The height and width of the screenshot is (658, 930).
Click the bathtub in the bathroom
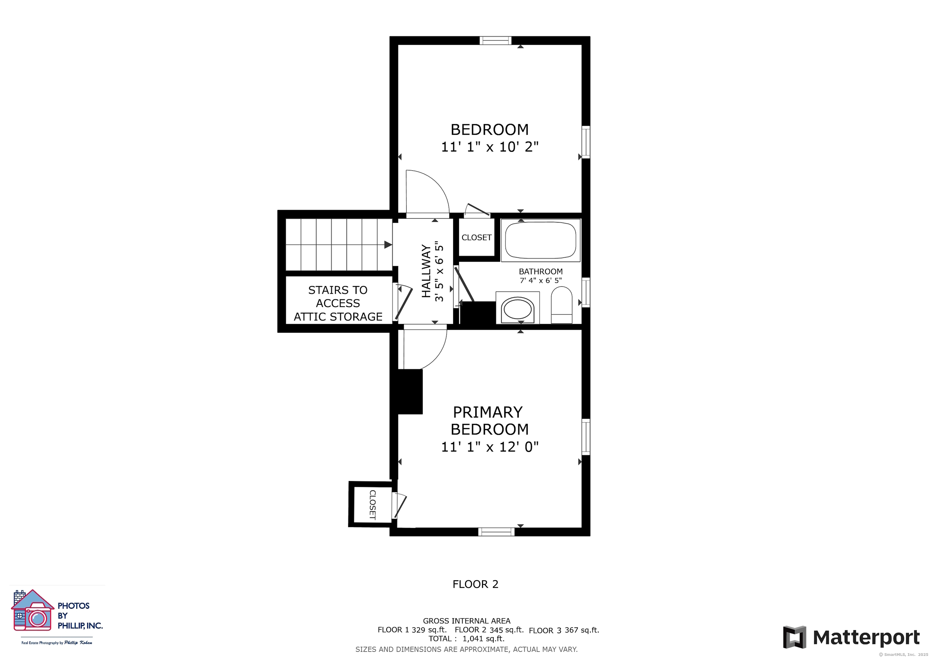point(540,240)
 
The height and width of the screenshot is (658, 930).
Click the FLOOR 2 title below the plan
point(475,584)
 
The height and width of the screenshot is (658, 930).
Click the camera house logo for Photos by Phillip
point(32,610)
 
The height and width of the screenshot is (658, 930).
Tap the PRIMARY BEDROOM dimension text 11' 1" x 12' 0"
point(490,447)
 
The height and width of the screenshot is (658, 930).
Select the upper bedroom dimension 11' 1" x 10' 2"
point(490,147)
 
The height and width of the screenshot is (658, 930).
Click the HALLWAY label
point(426,271)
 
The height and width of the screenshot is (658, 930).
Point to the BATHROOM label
point(541,271)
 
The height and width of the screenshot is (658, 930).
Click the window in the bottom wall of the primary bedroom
point(496,532)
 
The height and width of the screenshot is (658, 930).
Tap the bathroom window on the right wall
point(586,292)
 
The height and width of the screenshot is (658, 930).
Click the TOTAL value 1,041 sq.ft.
point(483,639)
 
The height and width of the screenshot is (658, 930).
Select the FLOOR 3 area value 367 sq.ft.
point(582,630)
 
